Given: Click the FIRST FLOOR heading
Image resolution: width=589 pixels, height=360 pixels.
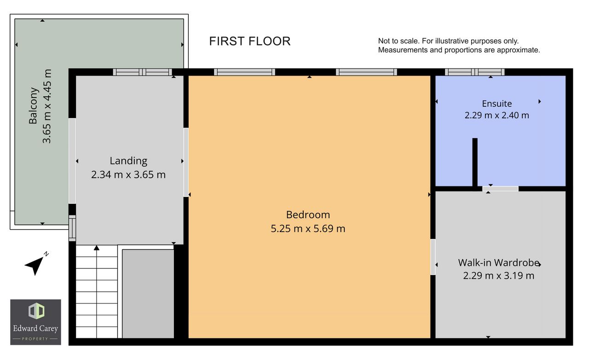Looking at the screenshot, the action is tap(249, 41).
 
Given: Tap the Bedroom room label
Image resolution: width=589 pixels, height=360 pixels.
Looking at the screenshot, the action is tap(308, 215).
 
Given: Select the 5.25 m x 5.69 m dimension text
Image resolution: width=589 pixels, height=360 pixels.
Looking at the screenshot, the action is tap(308, 228).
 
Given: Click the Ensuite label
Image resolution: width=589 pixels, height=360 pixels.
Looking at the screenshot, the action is tap(497, 104).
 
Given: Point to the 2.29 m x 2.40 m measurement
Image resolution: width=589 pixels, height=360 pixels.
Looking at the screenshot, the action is tap(497, 115).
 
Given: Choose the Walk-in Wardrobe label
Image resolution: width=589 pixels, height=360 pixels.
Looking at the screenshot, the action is tap(498, 262).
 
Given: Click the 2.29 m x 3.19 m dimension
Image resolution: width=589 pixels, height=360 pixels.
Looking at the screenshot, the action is tap(498, 276).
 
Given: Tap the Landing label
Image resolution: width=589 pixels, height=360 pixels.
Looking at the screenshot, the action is tap(128, 161).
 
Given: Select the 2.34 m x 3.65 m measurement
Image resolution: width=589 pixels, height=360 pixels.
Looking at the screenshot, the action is tap(128, 175).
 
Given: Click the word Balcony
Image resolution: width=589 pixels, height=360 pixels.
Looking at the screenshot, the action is tap(34, 106).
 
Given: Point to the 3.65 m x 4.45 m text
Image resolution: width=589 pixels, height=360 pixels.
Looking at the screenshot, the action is tap(47, 106).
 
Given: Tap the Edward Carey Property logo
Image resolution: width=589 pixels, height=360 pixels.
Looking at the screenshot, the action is tap(35, 322).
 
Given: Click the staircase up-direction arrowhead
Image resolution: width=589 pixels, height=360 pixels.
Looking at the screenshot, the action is tap(97, 248).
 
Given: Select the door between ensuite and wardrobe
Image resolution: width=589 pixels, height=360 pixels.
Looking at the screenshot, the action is tap(500, 189).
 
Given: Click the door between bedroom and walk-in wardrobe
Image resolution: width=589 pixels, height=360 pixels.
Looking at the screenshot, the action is tap(433, 257).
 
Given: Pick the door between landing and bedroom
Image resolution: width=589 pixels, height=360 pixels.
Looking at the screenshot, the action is tap(186, 163).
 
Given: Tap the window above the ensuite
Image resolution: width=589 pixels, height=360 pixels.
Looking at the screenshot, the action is tap(474, 72).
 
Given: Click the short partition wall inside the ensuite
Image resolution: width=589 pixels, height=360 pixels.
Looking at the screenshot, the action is tap(475, 163).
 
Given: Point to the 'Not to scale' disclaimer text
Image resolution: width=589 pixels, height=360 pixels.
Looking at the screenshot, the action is tap(459, 46).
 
